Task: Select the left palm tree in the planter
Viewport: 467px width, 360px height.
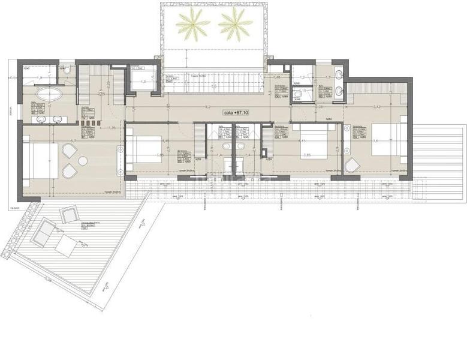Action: (193, 23)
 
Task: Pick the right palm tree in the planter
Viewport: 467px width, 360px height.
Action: (235, 23)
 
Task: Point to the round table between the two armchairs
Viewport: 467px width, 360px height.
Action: (83, 160)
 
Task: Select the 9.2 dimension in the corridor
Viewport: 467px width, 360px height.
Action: (207, 106)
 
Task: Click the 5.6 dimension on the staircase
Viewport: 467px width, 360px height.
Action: (213, 86)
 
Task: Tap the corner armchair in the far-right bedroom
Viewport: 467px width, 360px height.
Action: (352, 164)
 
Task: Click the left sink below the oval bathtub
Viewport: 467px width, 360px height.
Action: (41, 119)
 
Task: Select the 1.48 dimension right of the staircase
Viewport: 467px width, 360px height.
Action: (277, 78)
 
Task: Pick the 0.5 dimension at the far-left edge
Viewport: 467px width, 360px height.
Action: (13, 78)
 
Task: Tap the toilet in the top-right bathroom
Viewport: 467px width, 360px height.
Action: (297, 94)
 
